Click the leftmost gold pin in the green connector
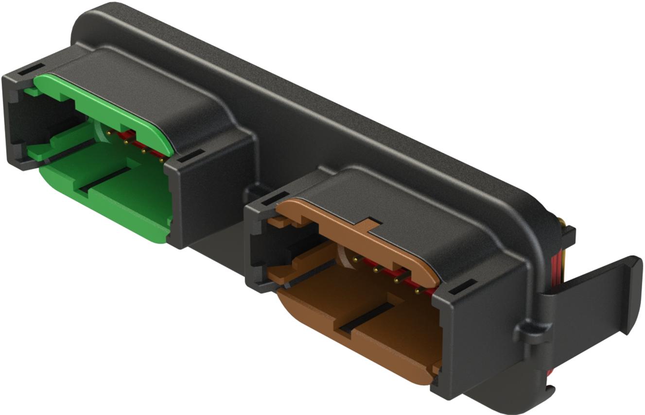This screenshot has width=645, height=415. click(108, 132)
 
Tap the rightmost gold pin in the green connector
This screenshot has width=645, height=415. click(162, 158)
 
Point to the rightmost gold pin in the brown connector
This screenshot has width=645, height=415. click(417, 291)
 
